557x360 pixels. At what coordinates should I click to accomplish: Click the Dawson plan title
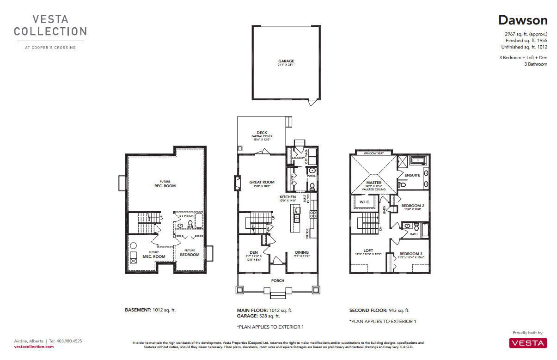point(522,20)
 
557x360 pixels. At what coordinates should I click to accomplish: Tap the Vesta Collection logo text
point(50,25)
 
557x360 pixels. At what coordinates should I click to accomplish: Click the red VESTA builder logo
point(528,342)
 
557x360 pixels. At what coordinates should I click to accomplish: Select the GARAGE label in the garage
point(286,61)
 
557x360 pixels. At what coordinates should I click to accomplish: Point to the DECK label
point(262,133)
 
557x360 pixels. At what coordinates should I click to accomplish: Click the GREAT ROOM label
point(262,182)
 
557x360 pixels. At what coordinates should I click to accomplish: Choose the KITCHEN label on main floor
point(288,197)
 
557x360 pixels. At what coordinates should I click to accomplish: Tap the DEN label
point(254,252)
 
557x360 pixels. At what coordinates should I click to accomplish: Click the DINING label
point(302,252)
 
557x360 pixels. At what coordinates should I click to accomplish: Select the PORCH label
point(278,281)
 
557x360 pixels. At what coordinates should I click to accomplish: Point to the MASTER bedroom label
point(374,183)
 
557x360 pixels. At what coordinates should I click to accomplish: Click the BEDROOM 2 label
point(412,206)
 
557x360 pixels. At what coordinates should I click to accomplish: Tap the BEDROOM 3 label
point(411,254)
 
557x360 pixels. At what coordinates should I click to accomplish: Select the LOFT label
point(368,250)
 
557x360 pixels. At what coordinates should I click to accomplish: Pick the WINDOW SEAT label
point(373,153)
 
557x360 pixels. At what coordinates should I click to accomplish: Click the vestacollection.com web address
point(34,347)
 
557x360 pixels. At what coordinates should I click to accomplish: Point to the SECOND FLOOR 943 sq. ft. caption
point(379,311)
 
